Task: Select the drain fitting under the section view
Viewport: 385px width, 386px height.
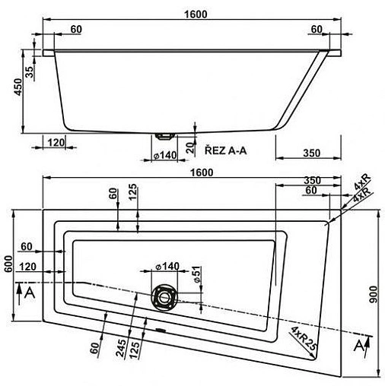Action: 164,135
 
